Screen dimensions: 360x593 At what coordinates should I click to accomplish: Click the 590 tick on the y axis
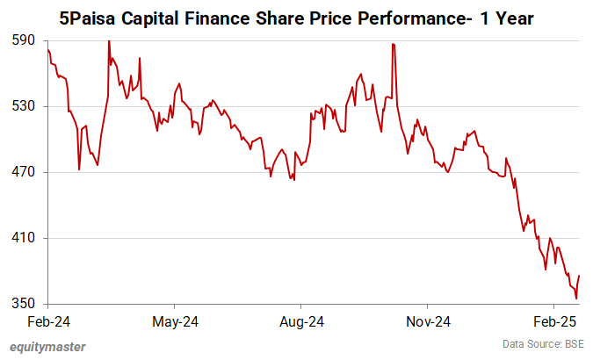pos(23,40)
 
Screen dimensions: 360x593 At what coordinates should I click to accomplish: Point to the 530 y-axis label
pos(23,106)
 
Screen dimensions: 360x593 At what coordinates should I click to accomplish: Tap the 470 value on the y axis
pos(23,172)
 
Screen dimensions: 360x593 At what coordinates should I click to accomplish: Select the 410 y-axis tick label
pos(23,238)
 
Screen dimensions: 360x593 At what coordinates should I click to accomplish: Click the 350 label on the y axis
pos(23,304)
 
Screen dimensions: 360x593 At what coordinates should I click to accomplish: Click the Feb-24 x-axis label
pos(48,321)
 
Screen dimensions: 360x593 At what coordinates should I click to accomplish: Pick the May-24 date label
pos(175,321)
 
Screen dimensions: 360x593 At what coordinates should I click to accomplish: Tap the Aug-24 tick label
pos(301,321)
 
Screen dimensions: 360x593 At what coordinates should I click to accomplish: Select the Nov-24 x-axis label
pos(430,321)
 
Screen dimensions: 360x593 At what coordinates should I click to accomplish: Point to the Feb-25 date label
pos(555,321)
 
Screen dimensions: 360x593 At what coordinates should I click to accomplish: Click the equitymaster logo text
pos(48,347)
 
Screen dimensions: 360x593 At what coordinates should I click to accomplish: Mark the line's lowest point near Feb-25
pos(575,299)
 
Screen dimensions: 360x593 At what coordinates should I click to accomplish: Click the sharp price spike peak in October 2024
pos(393,44)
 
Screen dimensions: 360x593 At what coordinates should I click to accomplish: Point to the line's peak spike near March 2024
pos(109,41)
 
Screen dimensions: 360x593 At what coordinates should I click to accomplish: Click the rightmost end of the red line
pos(580,277)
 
